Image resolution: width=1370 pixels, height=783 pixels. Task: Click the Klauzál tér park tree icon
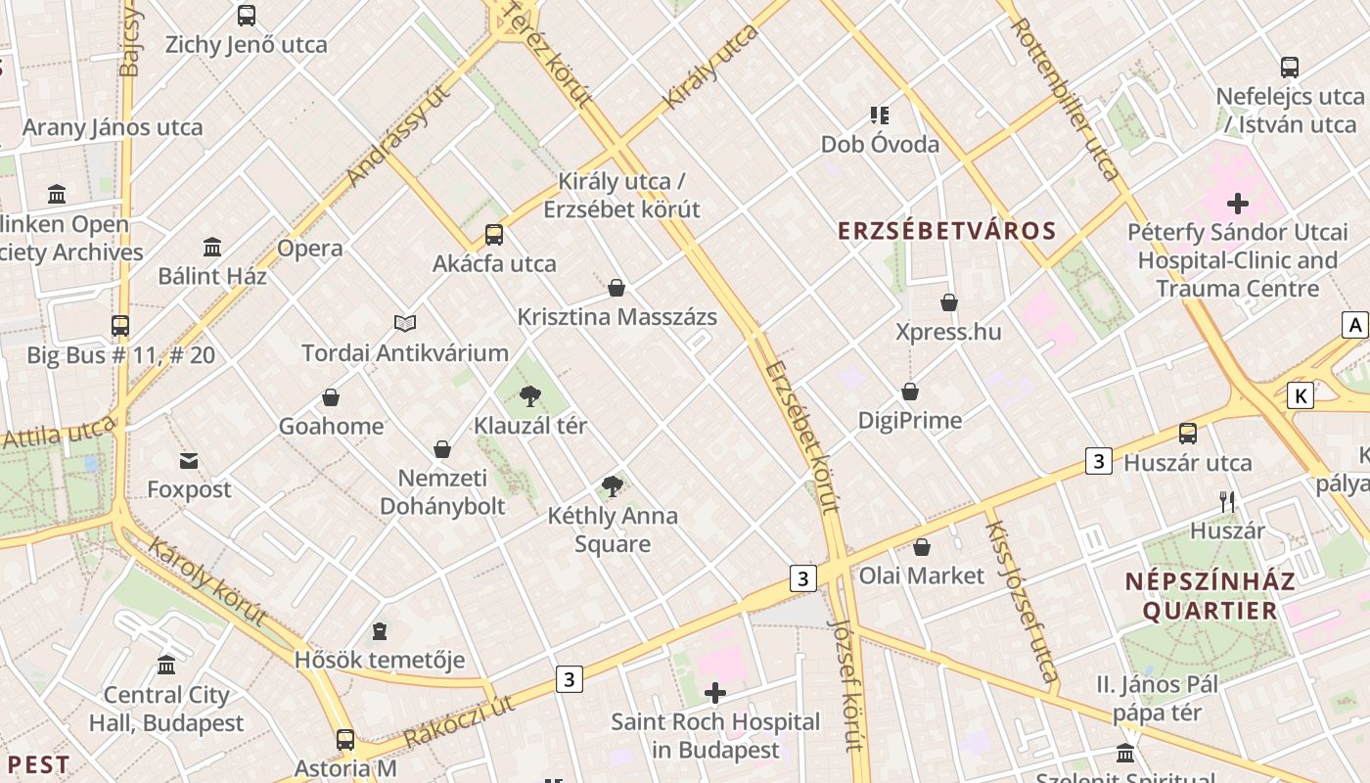(x=529, y=395)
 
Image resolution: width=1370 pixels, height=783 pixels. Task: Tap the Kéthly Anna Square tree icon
(x=613, y=485)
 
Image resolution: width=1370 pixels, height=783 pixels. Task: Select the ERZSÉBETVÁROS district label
(x=946, y=231)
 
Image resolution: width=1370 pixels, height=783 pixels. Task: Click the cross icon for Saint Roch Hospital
(x=715, y=693)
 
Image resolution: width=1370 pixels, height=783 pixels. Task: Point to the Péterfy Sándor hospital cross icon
(x=1238, y=204)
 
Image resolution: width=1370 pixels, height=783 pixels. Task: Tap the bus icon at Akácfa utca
(x=494, y=235)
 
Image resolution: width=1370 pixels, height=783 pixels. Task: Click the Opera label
(x=309, y=248)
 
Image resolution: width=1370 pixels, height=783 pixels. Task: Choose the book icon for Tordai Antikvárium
(x=405, y=323)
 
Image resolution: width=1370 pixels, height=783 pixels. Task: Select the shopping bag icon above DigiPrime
(x=910, y=391)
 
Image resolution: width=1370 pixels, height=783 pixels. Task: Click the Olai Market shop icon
(x=922, y=547)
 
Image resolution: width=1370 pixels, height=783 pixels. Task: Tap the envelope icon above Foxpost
(x=189, y=460)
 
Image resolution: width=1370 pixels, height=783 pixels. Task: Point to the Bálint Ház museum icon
(x=212, y=247)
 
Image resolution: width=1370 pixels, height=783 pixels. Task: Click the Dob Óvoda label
(x=880, y=145)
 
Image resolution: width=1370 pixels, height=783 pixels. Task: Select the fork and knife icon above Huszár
(x=1227, y=502)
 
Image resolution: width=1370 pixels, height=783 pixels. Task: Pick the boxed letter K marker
(x=1300, y=395)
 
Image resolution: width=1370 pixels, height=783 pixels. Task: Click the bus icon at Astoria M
(x=345, y=739)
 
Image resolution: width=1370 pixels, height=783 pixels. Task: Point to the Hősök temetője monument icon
(x=380, y=631)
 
